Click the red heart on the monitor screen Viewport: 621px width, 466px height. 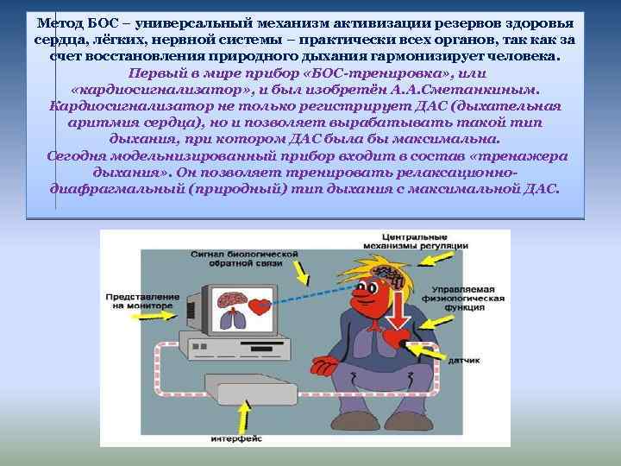click(259, 305)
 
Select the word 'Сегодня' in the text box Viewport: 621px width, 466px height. click(78, 155)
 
